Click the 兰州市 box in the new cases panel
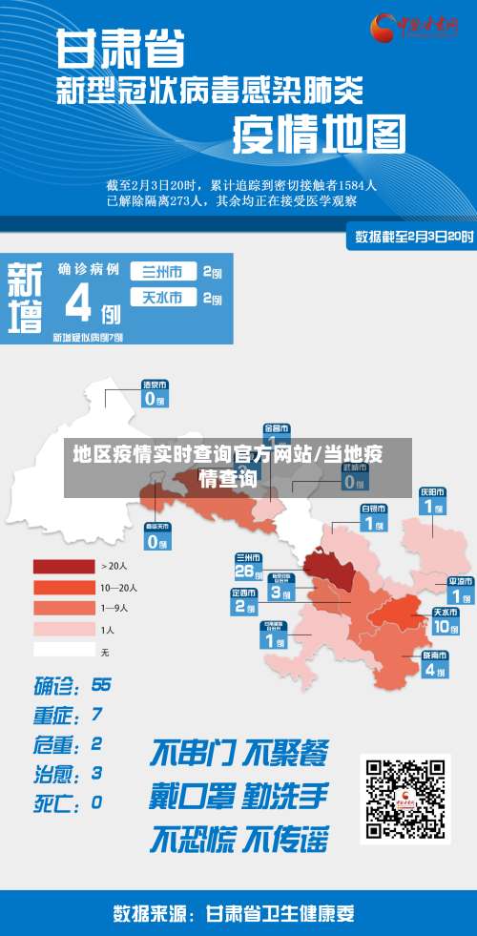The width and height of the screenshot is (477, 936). pyautogui.click(x=163, y=271)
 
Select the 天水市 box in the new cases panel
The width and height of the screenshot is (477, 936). pyautogui.click(x=163, y=298)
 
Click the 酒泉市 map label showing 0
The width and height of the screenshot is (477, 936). pyautogui.click(x=155, y=393)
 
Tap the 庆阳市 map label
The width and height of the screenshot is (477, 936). pyautogui.click(x=432, y=501)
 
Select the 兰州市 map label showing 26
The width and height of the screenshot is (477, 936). pyautogui.click(x=247, y=566)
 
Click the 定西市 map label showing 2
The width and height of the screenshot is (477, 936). pyautogui.click(x=243, y=602)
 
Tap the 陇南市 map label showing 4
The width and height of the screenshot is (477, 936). pyautogui.click(x=435, y=664)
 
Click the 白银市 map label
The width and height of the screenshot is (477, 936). pyautogui.click(x=373, y=518)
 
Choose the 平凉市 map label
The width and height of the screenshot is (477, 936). pyautogui.click(x=462, y=590)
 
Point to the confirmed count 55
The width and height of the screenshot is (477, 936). pyautogui.click(x=101, y=685)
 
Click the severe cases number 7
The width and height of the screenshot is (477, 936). pyautogui.click(x=97, y=714)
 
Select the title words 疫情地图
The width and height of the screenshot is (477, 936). pyautogui.click(x=319, y=135)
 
